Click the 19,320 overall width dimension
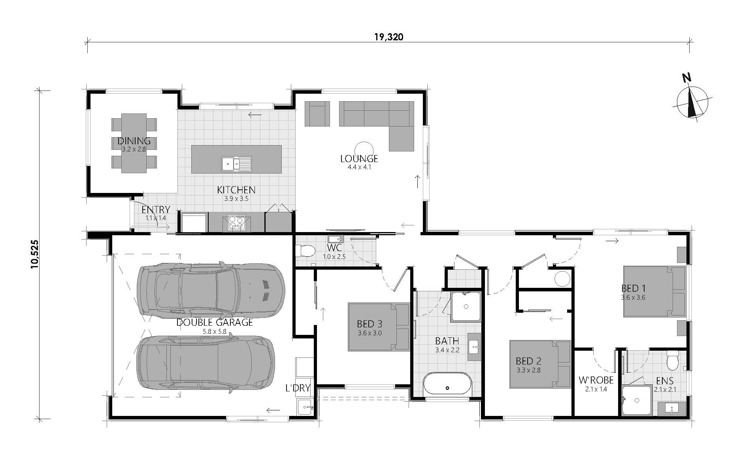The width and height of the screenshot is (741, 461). (388, 37)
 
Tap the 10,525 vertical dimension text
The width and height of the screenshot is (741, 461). (35, 254)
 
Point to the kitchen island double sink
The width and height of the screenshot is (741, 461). (236, 164)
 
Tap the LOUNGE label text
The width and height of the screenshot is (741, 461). (359, 159)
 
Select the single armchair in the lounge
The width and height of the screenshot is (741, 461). (317, 113)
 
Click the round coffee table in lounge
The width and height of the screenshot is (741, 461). (363, 150)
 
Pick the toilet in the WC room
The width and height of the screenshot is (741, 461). (305, 251)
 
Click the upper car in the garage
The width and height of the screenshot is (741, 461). (211, 291)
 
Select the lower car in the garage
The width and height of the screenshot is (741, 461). (206, 363)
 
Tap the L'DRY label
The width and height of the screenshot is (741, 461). (298, 388)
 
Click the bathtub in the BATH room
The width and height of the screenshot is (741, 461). (447, 383)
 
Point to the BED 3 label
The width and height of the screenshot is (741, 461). (369, 324)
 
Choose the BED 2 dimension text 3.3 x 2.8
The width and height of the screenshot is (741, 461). (528, 370)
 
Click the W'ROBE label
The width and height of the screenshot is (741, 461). (596, 380)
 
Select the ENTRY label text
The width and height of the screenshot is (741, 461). (156, 210)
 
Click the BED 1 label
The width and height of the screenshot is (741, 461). (633, 288)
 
